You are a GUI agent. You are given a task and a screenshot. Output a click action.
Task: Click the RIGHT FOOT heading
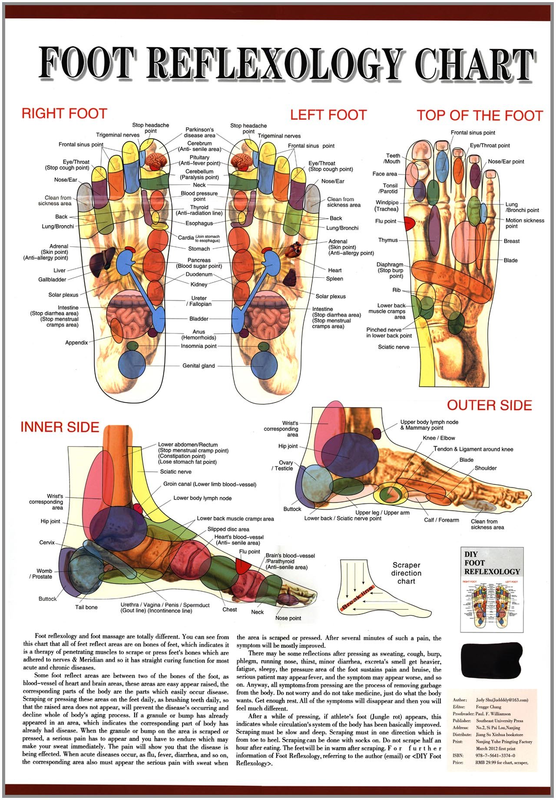point(64,114)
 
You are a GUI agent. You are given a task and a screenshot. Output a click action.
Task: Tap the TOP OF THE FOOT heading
point(480,116)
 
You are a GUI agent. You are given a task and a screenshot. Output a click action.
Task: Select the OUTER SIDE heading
point(490,405)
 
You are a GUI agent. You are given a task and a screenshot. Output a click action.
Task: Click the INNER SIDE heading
point(60,427)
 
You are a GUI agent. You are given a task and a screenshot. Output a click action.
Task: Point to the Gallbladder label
point(52,280)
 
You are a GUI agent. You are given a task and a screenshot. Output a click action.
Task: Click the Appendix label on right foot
point(76,343)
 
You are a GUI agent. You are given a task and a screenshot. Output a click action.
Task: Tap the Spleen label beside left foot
point(334,279)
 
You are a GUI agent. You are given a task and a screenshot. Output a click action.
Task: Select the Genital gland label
point(199,366)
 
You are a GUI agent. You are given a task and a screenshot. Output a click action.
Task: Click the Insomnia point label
point(199,346)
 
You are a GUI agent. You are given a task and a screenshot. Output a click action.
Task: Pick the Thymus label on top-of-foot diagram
point(388,240)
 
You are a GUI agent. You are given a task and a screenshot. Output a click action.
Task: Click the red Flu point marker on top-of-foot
point(409,223)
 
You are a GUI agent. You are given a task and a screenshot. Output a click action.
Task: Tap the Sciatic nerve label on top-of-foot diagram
point(394,347)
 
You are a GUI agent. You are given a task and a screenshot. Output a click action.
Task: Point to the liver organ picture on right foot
point(102,261)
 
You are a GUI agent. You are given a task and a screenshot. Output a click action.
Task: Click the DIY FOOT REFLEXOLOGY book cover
point(492,589)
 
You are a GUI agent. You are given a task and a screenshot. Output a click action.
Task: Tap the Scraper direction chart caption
point(406,573)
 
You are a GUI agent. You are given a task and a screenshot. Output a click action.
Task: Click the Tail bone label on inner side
point(86,607)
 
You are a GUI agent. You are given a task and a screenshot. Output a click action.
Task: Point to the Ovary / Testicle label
point(283,465)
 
